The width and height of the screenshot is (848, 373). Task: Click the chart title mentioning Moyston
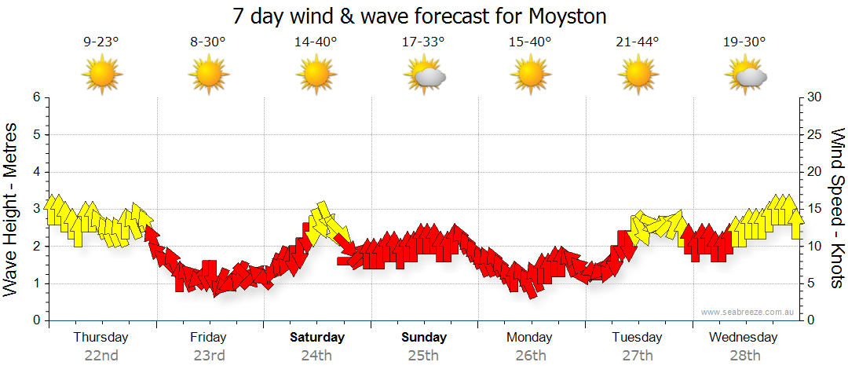[420, 16]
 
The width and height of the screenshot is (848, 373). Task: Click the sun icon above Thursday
[101, 75]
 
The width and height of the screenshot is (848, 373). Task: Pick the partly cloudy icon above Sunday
[424, 75]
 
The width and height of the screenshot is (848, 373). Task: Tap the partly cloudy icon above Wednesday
[745, 75]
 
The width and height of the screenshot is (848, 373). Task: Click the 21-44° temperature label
[638, 42]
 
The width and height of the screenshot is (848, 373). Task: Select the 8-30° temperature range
[208, 42]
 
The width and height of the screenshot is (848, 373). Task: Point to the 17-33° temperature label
[423, 42]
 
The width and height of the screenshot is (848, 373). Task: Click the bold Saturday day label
[316, 338]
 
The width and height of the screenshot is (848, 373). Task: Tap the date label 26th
[531, 355]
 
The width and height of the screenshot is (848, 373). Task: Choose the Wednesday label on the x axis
[743, 338]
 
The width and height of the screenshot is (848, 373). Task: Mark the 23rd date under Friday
[209, 355]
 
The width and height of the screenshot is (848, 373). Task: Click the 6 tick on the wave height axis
[35, 97]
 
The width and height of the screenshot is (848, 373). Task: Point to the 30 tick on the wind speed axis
[815, 97]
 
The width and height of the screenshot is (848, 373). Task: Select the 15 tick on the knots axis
[815, 209]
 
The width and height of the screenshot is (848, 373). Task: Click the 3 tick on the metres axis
[35, 209]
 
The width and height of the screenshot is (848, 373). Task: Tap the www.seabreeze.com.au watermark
[748, 313]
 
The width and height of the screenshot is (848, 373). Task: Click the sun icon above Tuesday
[638, 75]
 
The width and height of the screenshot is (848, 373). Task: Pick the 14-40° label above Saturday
[316, 42]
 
